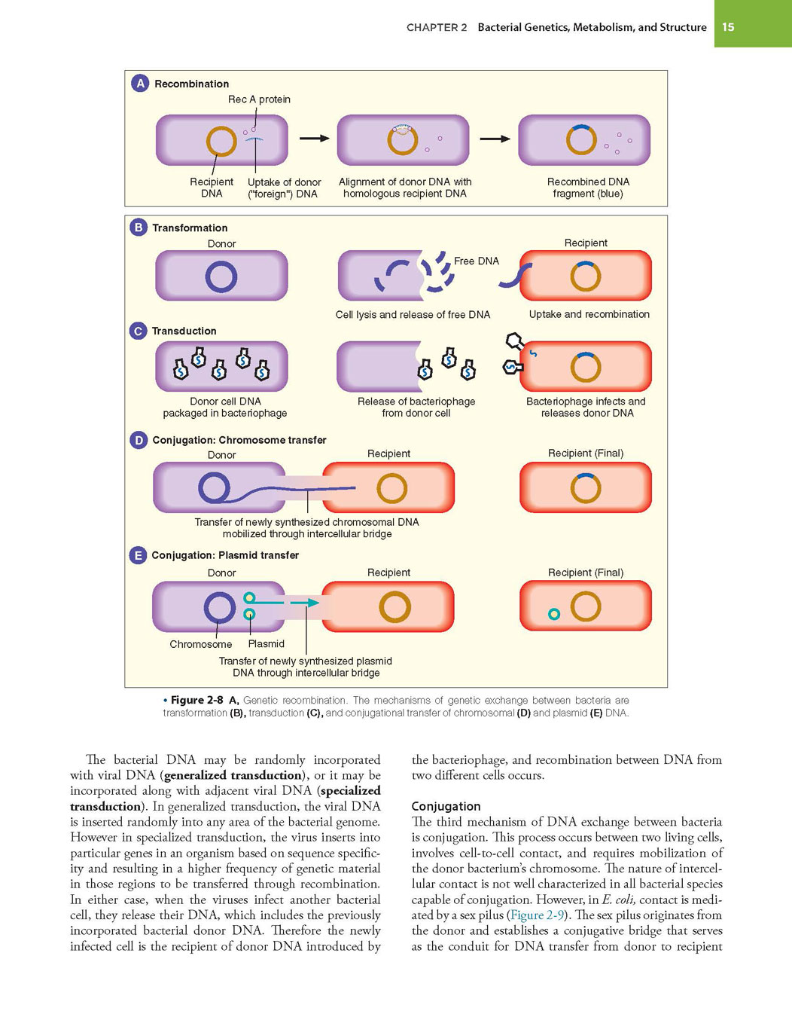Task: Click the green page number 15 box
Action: [x=752, y=23]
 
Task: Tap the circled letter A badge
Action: [x=140, y=84]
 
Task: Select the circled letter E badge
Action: [x=138, y=555]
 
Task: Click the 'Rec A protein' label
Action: [x=259, y=99]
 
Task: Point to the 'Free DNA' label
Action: [x=477, y=261]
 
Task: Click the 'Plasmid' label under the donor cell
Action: [x=267, y=643]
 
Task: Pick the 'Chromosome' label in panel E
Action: [x=201, y=644]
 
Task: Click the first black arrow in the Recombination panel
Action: [x=314, y=138]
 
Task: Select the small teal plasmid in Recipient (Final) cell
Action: [x=554, y=614]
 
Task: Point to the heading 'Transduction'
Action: [x=184, y=331]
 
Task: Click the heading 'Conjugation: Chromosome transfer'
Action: [x=239, y=440]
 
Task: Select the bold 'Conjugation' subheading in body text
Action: [x=446, y=806]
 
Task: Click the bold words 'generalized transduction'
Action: [x=233, y=775]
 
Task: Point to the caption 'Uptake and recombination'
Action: [x=589, y=314]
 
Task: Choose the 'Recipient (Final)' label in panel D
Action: [x=586, y=453]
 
